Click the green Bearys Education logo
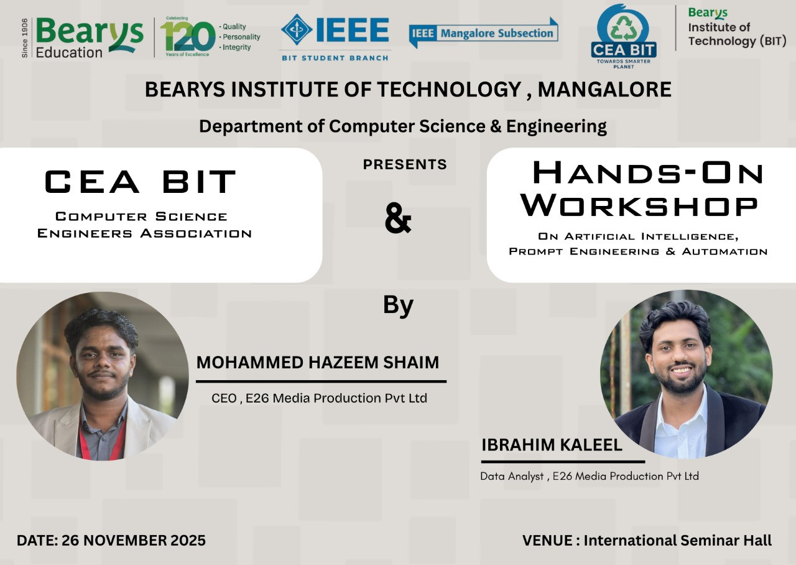[x=90, y=38]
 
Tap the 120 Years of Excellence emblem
[x=188, y=37]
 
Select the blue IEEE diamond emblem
[x=297, y=29]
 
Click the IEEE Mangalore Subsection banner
[x=483, y=33]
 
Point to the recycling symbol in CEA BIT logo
[x=623, y=28]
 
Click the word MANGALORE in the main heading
[x=604, y=89]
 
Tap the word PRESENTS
[x=405, y=164]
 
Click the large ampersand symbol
[x=398, y=218]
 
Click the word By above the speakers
[x=398, y=306]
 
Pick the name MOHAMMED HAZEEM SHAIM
[x=318, y=362]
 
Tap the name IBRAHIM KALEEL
[x=552, y=444]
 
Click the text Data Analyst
[x=512, y=476]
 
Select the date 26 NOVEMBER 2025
[x=134, y=540]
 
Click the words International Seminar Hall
[x=678, y=540]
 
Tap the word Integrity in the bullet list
[x=237, y=47]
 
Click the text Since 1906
[x=24, y=38]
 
